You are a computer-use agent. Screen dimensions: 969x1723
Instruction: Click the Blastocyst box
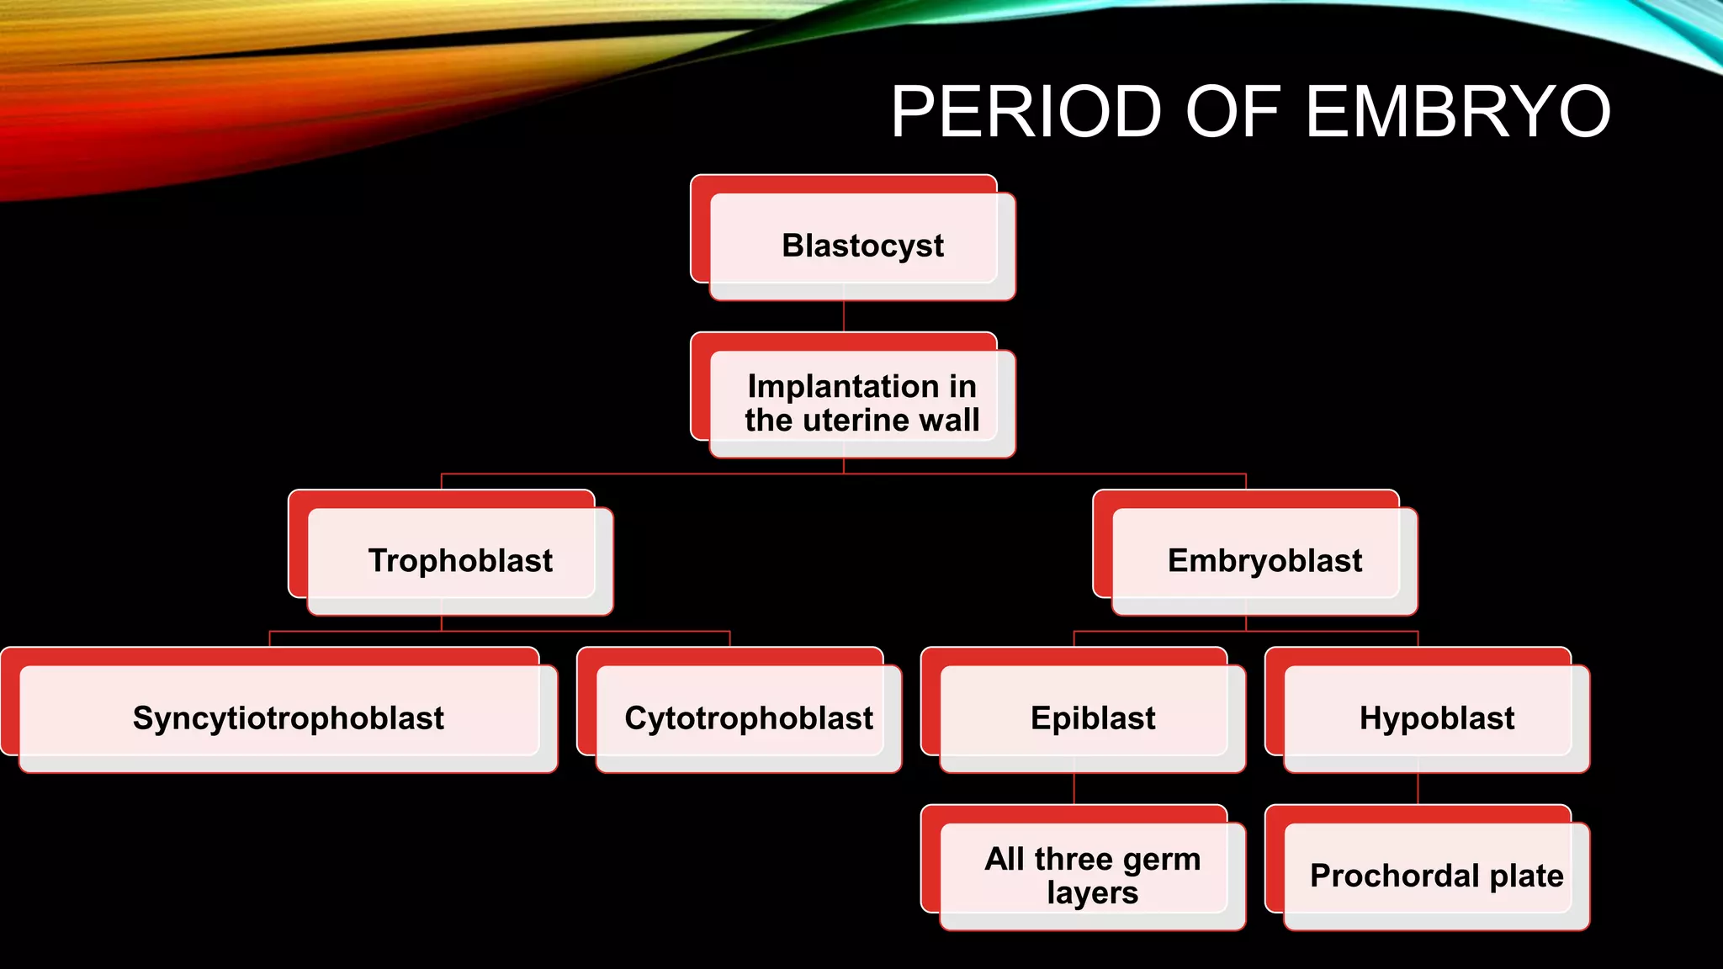point(861,246)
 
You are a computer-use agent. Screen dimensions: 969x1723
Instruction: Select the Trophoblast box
point(459,560)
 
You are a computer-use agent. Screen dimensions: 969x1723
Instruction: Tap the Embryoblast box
point(1264,560)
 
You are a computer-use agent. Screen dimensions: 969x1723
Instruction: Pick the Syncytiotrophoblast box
point(288,718)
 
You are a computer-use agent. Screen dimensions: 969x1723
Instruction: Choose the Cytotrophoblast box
point(748,718)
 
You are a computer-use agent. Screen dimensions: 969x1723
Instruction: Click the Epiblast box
point(1092,718)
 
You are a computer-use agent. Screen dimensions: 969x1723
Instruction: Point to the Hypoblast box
point(1436,718)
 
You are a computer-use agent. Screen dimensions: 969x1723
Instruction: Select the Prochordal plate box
point(1436,876)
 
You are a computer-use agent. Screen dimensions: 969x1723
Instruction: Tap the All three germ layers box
point(1092,876)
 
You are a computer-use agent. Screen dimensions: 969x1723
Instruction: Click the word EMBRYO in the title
point(1457,111)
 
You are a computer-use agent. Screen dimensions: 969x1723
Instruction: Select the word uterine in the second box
point(858,420)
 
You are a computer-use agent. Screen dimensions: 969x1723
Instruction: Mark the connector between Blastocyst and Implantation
point(844,316)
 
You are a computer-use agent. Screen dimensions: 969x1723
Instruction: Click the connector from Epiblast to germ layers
point(1074,789)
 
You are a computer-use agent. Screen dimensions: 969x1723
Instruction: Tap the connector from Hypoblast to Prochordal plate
point(1418,789)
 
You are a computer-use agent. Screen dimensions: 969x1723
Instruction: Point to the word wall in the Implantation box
point(949,420)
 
